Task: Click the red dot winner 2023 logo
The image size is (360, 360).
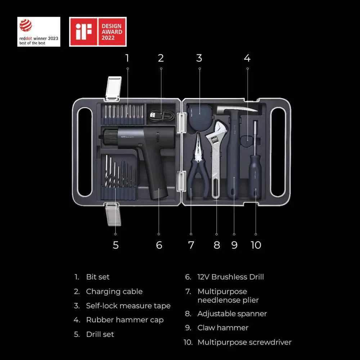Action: pos(39,32)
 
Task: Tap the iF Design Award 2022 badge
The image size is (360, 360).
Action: pos(98,32)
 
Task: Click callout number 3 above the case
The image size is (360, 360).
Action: pos(199,58)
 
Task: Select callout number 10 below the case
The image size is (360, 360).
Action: pos(256,245)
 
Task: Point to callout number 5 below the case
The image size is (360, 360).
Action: pos(116,245)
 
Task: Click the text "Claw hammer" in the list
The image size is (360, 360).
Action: pos(223,328)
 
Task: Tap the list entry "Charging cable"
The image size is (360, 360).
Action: pos(114,292)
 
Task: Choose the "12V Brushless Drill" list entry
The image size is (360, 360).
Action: pos(230,277)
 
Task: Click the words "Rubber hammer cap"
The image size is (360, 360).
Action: pos(125,320)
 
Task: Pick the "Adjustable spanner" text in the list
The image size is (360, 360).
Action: pos(232,314)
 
